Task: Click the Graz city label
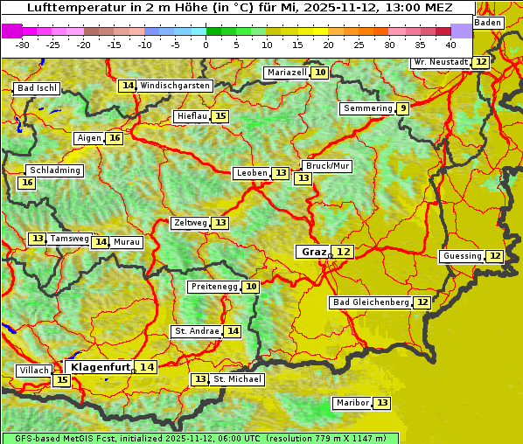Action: tap(312, 252)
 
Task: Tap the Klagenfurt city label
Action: tap(101, 367)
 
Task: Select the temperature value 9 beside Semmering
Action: tap(401, 108)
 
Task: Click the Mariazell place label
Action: tap(287, 73)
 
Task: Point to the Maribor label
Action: tap(352, 403)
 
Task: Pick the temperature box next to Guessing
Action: tap(495, 256)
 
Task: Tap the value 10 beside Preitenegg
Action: tap(251, 287)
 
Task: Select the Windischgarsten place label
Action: tap(175, 86)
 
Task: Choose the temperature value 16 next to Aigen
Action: tap(115, 138)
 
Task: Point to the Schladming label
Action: tap(54, 170)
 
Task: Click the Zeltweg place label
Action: tap(190, 223)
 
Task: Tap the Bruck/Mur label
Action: tap(327, 165)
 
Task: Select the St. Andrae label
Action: tap(196, 331)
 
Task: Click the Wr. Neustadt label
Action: tap(440, 62)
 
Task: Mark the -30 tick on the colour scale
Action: tap(23, 44)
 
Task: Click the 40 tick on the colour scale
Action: tap(450, 44)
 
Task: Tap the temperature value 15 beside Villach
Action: tap(61, 380)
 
